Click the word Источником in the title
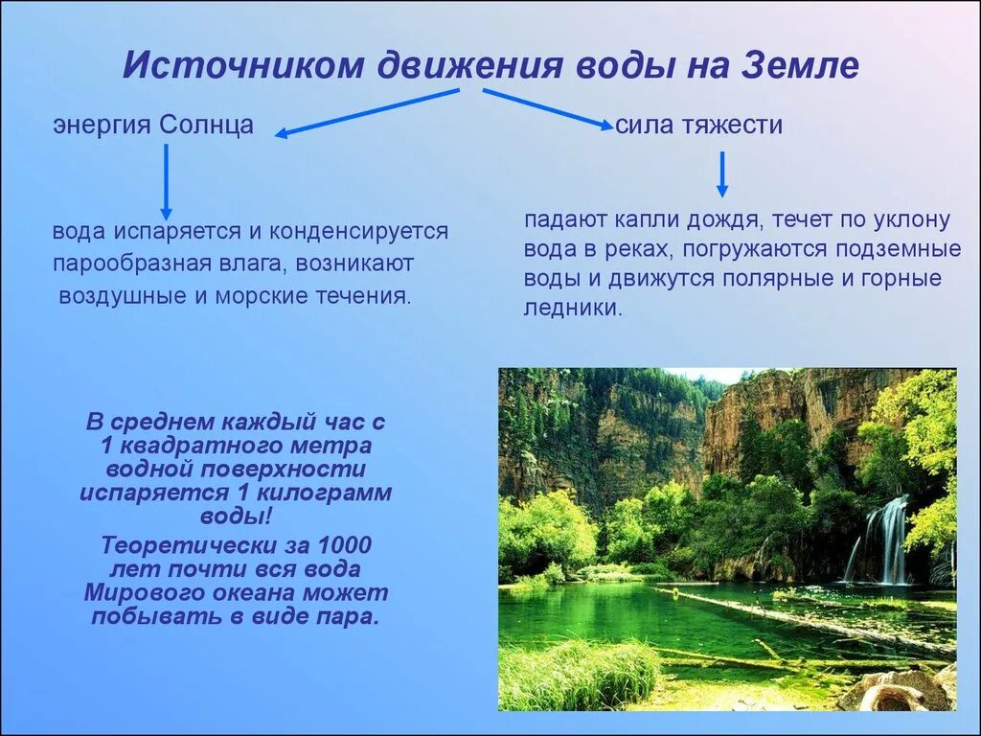point(242,64)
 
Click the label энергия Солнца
point(153,125)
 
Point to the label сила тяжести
point(698,125)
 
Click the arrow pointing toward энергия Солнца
point(367,112)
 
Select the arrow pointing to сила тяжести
point(548,109)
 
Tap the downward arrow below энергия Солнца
point(166,182)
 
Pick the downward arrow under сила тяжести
point(722,174)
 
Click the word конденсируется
point(359,231)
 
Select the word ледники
point(573,308)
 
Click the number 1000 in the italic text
point(344,545)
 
